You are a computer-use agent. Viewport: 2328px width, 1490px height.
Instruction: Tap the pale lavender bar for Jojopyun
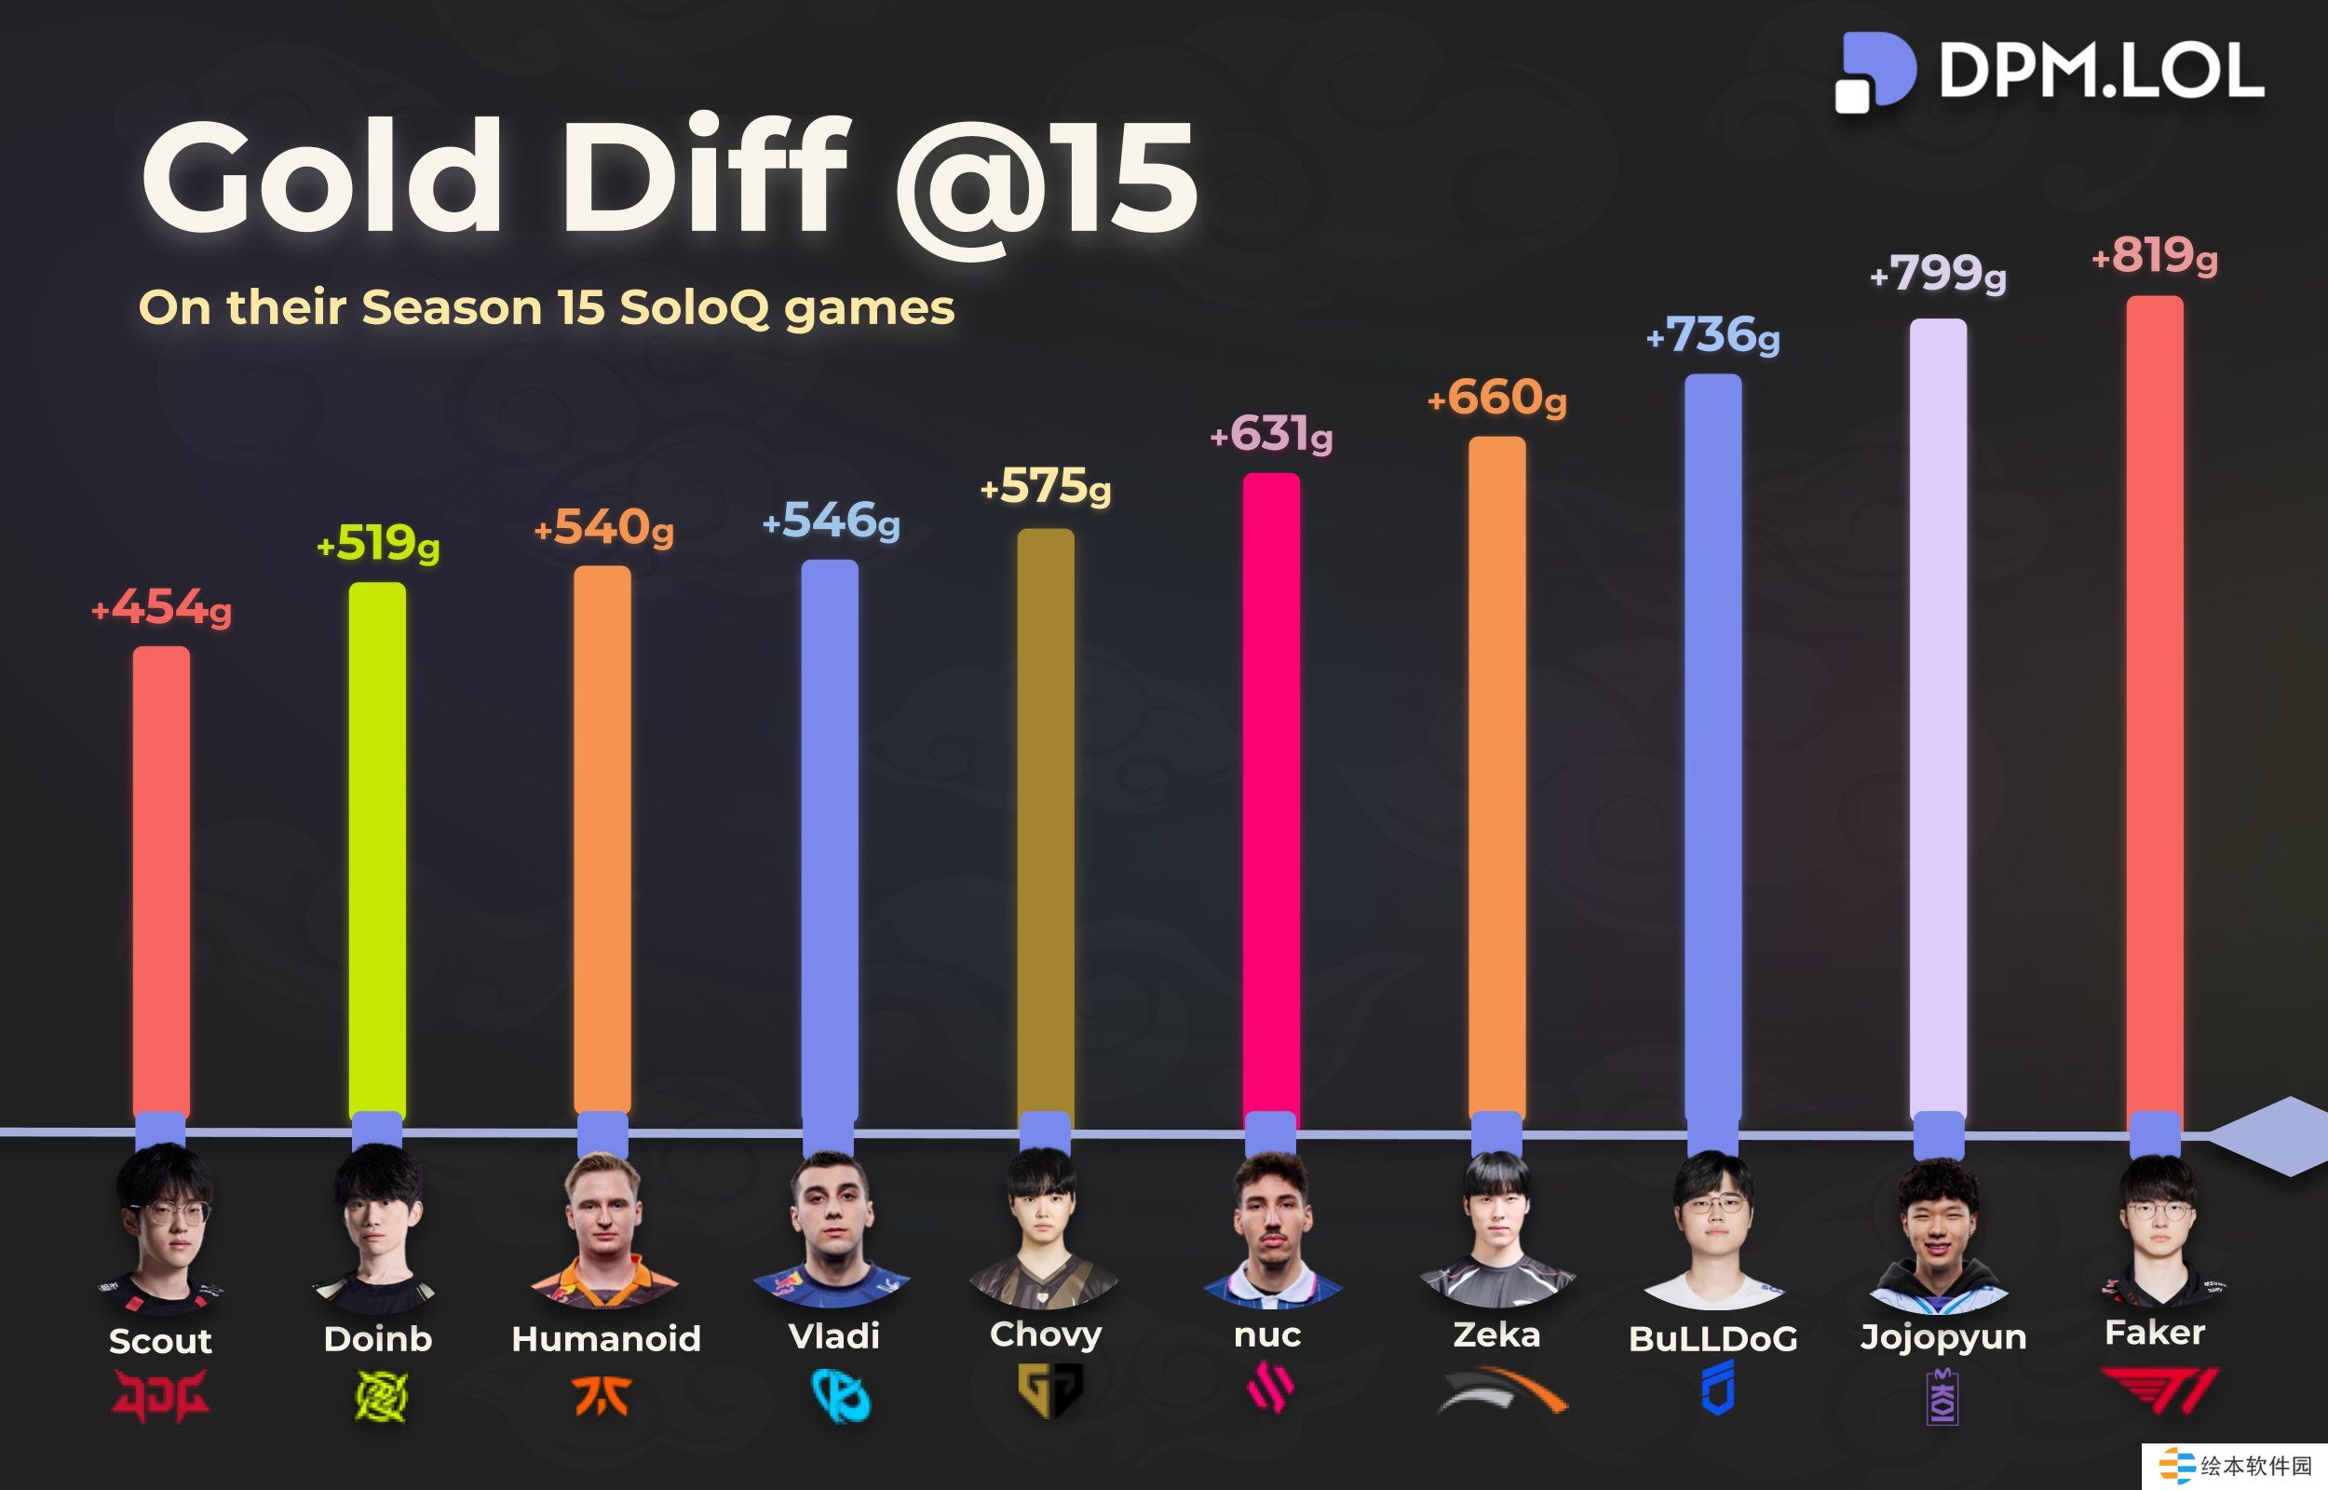[1938, 716]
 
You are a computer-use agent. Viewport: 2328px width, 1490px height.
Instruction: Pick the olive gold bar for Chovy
[1046, 822]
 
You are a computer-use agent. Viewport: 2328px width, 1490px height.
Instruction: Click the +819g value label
[2155, 257]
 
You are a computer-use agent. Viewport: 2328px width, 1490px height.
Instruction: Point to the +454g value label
[161, 607]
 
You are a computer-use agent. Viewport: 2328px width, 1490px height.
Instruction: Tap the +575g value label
[1046, 487]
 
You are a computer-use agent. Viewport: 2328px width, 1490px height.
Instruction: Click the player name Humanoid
[605, 1339]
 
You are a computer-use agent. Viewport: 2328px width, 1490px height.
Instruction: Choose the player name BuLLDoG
[1712, 1339]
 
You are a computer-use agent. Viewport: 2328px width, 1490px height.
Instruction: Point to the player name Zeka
[1496, 1335]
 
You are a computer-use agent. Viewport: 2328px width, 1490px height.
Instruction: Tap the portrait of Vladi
[831, 1224]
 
